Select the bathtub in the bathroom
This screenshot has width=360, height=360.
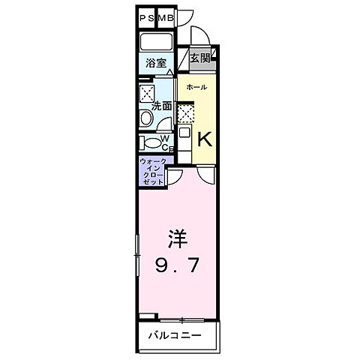[157, 42]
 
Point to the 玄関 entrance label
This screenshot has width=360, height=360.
[199, 58]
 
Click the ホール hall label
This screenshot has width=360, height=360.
[196, 87]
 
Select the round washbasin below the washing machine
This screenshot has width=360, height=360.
[145, 118]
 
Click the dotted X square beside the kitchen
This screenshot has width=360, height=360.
[185, 112]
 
